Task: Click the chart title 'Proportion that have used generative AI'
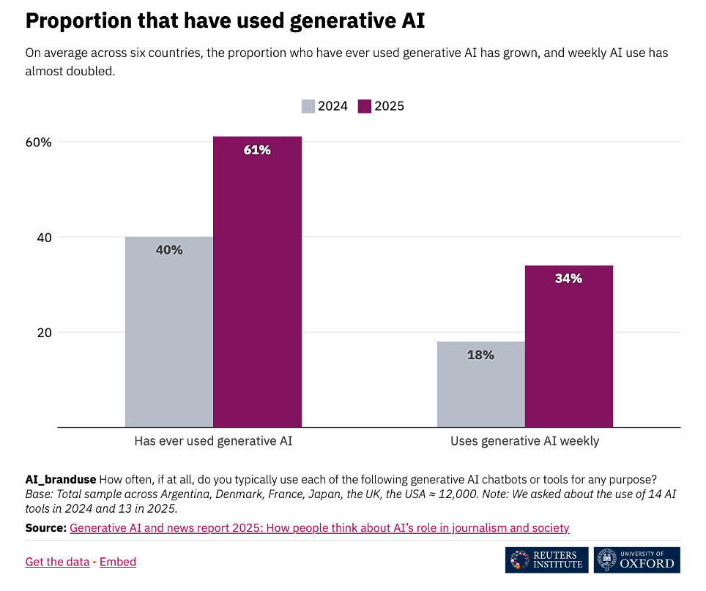tap(225, 22)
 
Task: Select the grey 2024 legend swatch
tap(308, 106)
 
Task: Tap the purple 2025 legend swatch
tap(365, 106)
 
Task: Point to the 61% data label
tap(257, 150)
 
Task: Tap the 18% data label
tap(480, 355)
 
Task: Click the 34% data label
tap(568, 279)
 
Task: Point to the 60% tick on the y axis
tap(38, 142)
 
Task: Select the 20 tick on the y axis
tap(44, 332)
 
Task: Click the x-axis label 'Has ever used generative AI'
tap(213, 441)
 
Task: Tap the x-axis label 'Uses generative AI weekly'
tap(524, 441)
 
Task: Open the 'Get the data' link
tap(57, 562)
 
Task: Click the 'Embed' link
tap(118, 562)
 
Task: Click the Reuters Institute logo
tap(546, 560)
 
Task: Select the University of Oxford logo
tap(636, 560)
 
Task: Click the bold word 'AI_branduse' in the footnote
tap(60, 480)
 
